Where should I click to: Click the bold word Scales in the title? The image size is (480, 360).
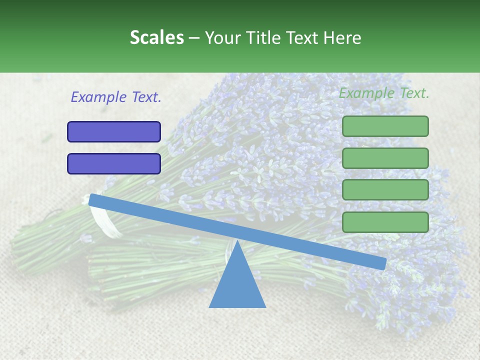coord(156,37)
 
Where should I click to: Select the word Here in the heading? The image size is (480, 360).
coord(342,37)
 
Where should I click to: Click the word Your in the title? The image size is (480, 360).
coord(223,37)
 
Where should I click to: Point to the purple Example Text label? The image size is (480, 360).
coord(116,97)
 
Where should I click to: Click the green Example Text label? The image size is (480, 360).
coord(384,93)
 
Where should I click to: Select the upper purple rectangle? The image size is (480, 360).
coord(114,132)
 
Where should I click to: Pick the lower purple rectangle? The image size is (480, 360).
coord(114,163)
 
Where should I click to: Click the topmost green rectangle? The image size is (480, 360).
coord(385,126)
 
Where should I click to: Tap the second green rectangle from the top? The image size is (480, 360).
coord(385,158)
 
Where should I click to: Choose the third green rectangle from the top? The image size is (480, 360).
coord(385,190)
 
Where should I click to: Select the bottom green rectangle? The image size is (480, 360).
coord(385,222)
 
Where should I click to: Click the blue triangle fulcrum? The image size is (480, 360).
coord(237,285)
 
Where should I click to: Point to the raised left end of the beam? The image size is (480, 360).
coord(93,200)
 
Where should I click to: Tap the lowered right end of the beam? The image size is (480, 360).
coord(382,263)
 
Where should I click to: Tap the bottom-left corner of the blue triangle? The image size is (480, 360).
coord(210,307)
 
